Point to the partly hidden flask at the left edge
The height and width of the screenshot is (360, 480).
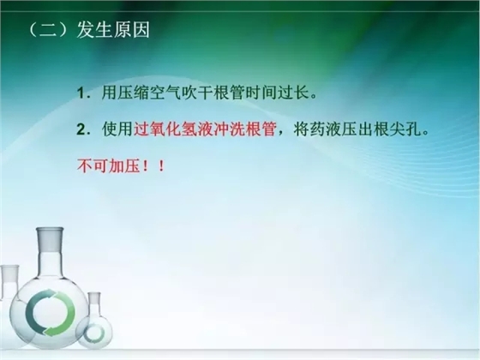point(7,283)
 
